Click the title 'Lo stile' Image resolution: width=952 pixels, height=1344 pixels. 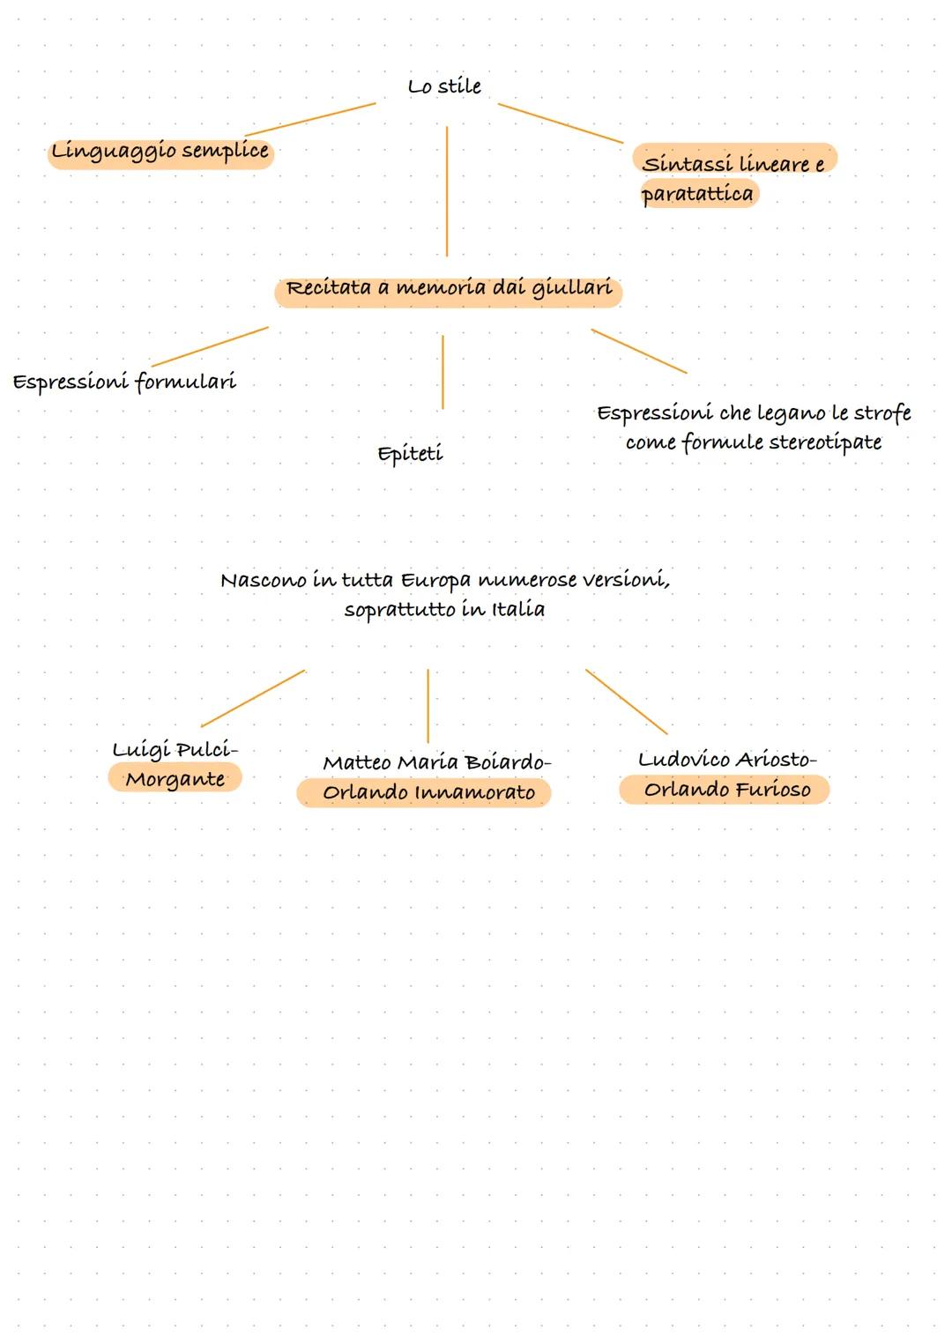(x=444, y=86)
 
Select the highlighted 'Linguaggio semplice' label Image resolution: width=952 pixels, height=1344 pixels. (x=160, y=152)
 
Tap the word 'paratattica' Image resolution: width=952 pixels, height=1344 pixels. (x=697, y=194)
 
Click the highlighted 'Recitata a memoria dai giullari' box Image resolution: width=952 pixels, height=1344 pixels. (x=448, y=289)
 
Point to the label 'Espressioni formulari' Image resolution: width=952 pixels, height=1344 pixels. (x=124, y=382)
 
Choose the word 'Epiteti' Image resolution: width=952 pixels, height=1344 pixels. (x=410, y=454)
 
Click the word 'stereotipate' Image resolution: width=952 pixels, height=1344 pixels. (x=825, y=442)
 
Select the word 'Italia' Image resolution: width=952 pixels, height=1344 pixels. (x=518, y=610)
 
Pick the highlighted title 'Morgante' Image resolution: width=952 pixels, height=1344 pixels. (x=175, y=779)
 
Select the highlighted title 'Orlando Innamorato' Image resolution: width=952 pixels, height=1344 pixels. (x=428, y=792)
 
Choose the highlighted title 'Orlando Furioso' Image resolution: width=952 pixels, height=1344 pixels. (x=726, y=790)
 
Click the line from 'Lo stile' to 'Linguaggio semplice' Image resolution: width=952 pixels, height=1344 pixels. (x=310, y=119)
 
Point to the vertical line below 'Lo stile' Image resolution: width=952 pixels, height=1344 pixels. (x=447, y=190)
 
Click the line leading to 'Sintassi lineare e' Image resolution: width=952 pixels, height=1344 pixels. (x=561, y=123)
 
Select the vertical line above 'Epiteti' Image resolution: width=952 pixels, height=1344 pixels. (x=443, y=371)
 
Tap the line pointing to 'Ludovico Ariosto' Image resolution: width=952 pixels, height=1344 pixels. (x=627, y=702)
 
